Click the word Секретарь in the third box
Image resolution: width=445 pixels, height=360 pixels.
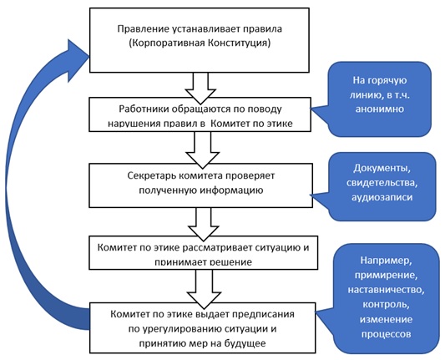[x=143, y=175]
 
